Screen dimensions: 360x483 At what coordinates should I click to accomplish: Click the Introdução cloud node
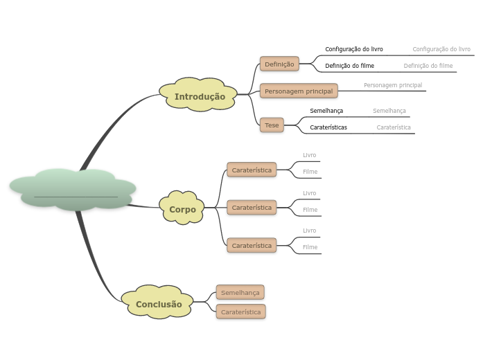[x=200, y=96]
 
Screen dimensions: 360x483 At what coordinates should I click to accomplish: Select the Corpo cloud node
[x=182, y=208]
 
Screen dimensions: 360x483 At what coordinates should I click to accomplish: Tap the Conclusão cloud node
[x=159, y=304]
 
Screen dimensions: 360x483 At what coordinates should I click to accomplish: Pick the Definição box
[x=279, y=64]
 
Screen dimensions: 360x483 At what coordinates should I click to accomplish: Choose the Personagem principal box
[x=299, y=91]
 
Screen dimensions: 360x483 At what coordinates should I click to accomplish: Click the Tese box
[x=272, y=125]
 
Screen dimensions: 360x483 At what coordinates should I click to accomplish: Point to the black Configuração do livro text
[x=354, y=49]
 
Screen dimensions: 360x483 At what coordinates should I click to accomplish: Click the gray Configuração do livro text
[x=441, y=49]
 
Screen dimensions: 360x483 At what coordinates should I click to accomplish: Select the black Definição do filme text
[x=350, y=66]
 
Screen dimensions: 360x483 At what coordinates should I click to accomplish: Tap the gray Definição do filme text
[x=428, y=66]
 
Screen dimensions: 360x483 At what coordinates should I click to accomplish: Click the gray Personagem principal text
[x=393, y=85]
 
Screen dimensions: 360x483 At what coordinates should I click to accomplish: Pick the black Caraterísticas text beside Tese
[x=328, y=127]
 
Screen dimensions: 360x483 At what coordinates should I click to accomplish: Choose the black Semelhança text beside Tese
[x=326, y=111]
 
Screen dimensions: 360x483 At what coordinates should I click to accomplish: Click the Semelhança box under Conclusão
[x=240, y=292]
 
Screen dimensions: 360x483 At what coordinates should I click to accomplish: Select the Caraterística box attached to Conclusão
[x=241, y=312]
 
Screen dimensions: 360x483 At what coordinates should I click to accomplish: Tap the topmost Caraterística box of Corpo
[x=252, y=170]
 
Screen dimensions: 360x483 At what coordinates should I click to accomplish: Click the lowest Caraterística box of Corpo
[x=252, y=245]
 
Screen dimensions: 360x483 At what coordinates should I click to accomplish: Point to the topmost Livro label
[x=310, y=155]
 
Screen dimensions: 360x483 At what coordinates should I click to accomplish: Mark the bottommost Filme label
[x=310, y=247]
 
